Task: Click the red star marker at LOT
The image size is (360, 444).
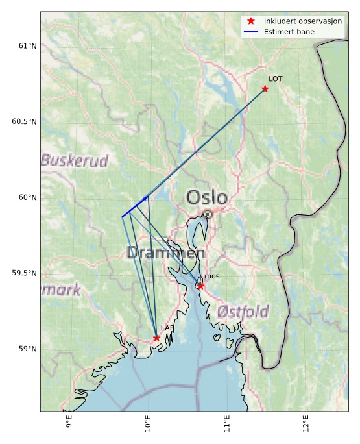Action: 265,89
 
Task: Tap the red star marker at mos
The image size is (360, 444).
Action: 201,286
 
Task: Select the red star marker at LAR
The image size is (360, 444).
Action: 157,338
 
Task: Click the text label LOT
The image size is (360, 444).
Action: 276,79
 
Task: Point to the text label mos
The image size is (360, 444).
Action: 211,277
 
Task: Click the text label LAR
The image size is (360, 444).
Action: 167,328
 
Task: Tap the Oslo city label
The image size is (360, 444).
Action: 207,198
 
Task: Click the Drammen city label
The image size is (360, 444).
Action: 166,253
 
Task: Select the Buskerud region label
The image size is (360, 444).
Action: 75,160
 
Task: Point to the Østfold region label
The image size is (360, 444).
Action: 243,312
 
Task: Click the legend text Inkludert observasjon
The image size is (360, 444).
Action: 303,21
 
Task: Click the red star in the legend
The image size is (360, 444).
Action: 251,21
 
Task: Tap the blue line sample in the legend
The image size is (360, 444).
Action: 251,32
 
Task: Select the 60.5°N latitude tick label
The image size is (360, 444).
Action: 25,121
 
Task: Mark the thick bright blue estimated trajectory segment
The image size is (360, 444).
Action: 135,206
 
